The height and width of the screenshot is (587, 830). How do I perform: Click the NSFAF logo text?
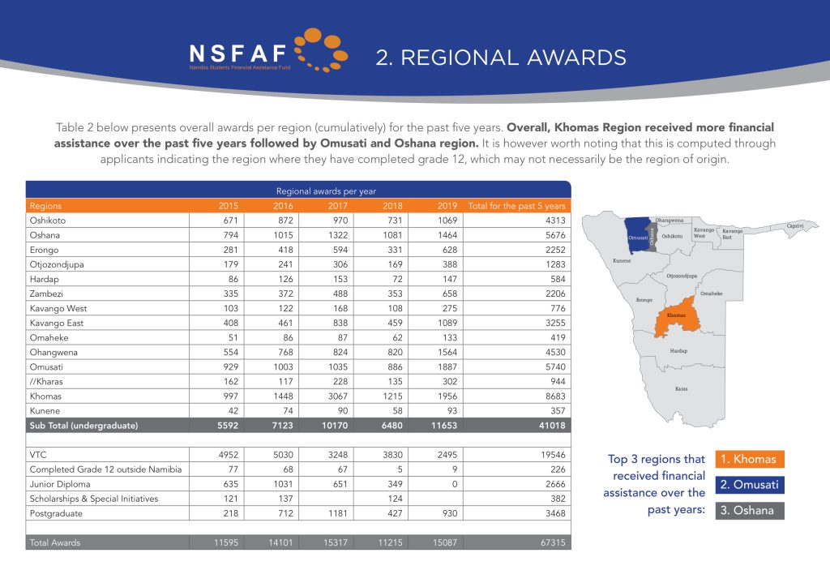click(x=237, y=54)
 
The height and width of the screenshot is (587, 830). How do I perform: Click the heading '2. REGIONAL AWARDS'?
click(x=501, y=58)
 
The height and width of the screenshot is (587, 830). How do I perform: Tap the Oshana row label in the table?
click(x=45, y=235)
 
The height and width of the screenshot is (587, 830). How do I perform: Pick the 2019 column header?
click(x=448, y=206)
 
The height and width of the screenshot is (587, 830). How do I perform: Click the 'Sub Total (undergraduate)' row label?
click(x=84, y=425)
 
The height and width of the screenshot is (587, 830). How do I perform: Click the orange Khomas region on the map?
click(x=675, y=319)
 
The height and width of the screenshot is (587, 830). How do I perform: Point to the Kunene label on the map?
click(x=622, y=261)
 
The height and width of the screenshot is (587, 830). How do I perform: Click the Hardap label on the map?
click(x=678, y=351)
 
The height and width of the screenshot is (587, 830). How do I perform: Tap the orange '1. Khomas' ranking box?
click(x=750, y=459)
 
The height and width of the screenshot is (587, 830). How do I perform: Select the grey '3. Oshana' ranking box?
click(x=750, y=511)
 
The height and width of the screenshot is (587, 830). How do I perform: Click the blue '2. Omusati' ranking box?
click(x=750, y=485)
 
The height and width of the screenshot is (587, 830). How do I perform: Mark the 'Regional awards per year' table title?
click(x=298, y=191)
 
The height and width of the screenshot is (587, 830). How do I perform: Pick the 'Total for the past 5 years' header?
click(x=516, y=206)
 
